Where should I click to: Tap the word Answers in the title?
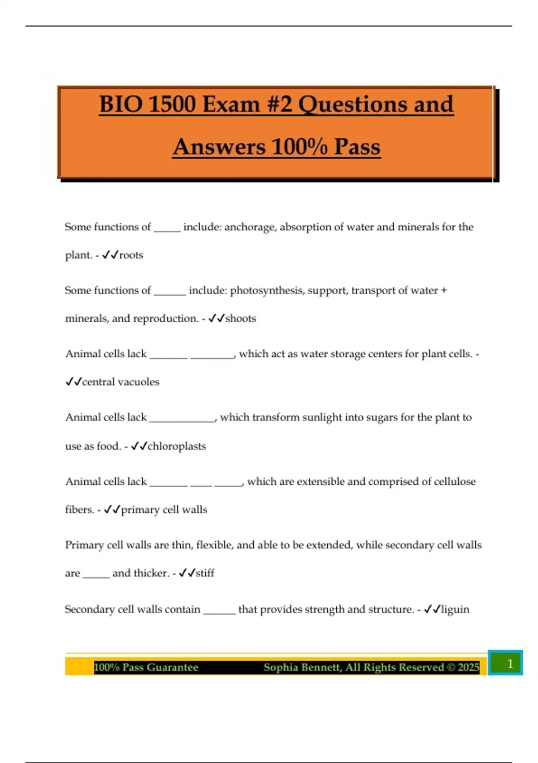point(219,147)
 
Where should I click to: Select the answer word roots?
point(131,255)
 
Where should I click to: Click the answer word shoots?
point(241,318)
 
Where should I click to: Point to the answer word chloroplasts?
point(177,446)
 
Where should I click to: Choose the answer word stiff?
point(205,573)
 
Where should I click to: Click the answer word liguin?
point(456,610)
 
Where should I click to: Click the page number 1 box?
point(509,663)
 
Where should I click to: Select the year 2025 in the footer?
point(469,667)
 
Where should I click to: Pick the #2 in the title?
point(280,104)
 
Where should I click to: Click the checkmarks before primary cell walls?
point(112,510)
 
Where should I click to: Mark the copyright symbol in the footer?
point(451,667)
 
